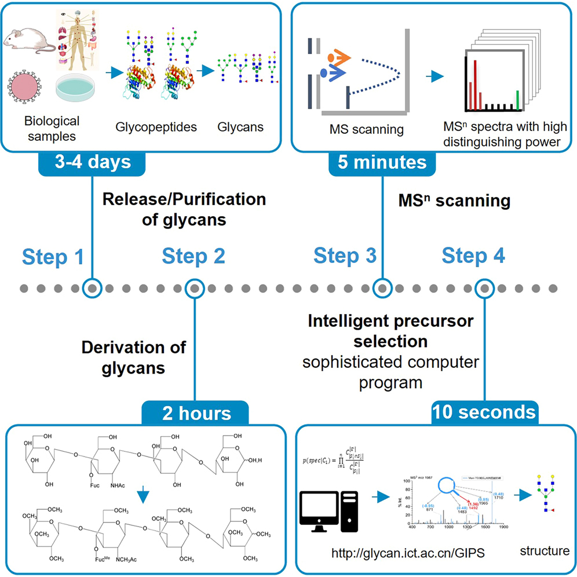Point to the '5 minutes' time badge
coord(383,162)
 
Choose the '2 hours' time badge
coord(195,414)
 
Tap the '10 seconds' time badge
coord(484,412)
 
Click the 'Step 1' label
coord(53,257)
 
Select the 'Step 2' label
coord(193,255)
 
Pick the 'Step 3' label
coord(345,255)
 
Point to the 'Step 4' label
coord(473,255)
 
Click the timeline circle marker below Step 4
coord(484,288)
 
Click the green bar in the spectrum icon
coord(517,98)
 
